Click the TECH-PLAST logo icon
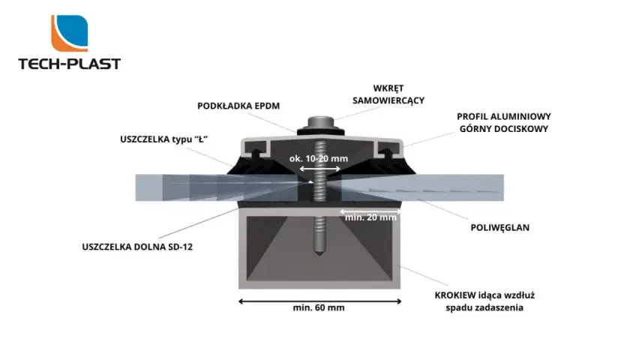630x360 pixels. click(x=69, y=33)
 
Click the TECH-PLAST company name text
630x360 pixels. click(x=69, y=64)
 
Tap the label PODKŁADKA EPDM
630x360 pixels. click(x=238, y=106)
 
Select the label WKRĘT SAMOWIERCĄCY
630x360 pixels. click(x=388, y=94)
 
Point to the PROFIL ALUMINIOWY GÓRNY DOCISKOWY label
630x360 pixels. click(x=504, y=122)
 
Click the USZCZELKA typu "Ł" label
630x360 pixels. click(x=163, y=139)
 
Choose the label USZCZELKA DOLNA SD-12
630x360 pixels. click(x=137, y=247)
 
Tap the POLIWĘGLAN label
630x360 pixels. click(x=499, y=227)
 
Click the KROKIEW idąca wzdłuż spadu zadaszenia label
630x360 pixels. click(x=484, y=301)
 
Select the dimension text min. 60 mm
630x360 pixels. click(x=319, y=307)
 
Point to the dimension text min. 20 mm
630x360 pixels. click(x=370, y=217)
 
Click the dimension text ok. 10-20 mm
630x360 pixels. click(x=319, y=159)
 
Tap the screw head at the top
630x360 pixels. click(x=321, y=121)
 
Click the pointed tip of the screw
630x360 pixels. click(x=319, y=255)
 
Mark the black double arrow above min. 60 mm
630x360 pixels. click(x=319, y=301)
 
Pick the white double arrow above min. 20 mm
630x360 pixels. click(x=370, y=211)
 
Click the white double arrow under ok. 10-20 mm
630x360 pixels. click(x=319, y=169)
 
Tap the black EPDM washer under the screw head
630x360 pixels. click(x=321, y=131)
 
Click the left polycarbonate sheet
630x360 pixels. click(x=219, y=187)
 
